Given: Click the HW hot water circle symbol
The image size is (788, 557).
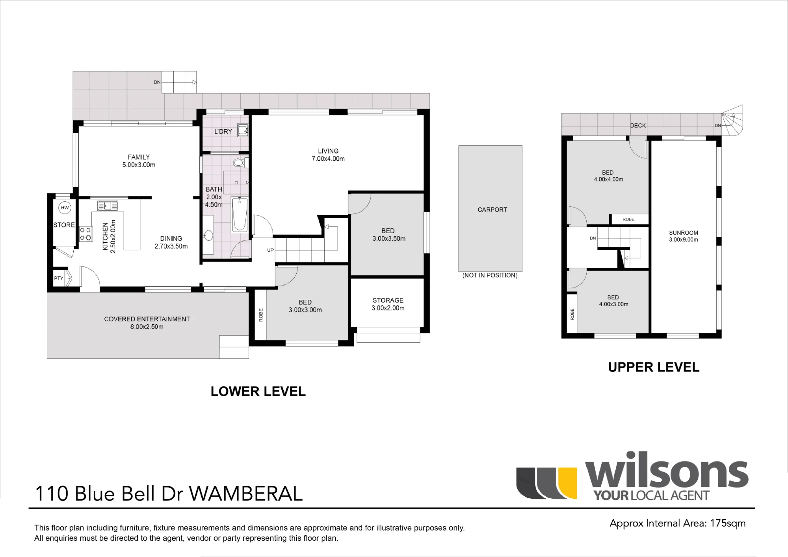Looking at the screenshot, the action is pos(65,208).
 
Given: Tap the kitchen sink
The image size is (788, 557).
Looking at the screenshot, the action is pos(108,206).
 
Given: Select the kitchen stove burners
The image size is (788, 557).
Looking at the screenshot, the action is pos(86,234).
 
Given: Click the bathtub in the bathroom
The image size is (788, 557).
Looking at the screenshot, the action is pos(240,214).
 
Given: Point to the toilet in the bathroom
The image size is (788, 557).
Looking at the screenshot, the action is pos(240,163).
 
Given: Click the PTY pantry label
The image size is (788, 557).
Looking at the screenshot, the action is pos(59,278).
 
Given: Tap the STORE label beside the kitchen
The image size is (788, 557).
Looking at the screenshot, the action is pos(64,225).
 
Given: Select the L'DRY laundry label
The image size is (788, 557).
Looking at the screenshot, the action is pos(223,132).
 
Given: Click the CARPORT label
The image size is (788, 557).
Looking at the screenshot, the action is pos(492,210).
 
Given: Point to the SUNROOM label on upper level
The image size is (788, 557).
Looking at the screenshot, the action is pos(683,233).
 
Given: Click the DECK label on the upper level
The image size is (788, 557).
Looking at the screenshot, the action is pos(638,125).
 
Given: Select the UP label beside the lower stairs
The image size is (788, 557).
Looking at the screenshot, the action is pos(270,250).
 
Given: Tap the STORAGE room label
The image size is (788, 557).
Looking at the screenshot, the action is pos(388,300).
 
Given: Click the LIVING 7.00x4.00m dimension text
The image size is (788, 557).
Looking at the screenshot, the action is pos(328,159).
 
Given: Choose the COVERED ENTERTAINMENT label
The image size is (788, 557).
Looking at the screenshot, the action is pos(147,319).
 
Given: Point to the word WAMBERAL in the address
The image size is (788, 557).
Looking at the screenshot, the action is pos(246,494).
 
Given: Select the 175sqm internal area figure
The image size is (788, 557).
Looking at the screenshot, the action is pos(728,524).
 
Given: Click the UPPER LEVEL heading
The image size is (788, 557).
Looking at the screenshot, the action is pos(654,367).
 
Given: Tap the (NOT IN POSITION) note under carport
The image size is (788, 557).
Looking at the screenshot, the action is pos(490,275).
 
